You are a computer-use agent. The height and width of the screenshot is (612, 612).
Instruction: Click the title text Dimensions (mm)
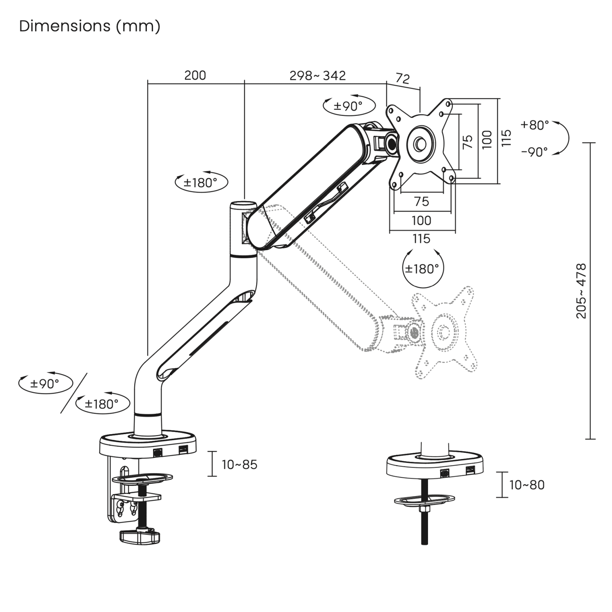click(90, 26)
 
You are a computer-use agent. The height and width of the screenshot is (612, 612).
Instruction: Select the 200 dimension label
click(195, 75)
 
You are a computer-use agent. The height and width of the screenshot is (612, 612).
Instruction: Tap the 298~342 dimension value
click(317, 75)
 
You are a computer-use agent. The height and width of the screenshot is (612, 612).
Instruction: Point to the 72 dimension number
click(402, 78)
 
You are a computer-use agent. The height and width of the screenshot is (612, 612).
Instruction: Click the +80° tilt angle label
click(534, 125)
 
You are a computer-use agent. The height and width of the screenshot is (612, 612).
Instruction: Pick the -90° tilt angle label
click(534, 152)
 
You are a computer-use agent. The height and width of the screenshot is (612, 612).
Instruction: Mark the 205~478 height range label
click(581, 291)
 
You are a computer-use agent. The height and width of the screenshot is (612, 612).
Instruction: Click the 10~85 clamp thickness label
click(239, 465)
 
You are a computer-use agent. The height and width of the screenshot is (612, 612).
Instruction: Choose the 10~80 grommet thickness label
click(527, 485)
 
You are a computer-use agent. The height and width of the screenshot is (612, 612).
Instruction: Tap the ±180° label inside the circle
click(422, 269)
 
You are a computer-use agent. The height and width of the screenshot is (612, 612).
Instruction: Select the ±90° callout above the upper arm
click(348, 106)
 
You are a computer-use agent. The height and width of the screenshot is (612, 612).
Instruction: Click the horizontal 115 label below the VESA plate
click(421, 239)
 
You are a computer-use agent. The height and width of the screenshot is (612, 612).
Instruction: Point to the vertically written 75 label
click(468, 141)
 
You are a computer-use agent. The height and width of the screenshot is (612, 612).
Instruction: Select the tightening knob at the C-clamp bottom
click(140, 537)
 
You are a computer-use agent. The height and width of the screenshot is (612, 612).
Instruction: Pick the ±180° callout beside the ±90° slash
click(102, 404)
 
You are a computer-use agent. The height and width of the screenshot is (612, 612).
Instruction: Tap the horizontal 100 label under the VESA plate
click(421, 221)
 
